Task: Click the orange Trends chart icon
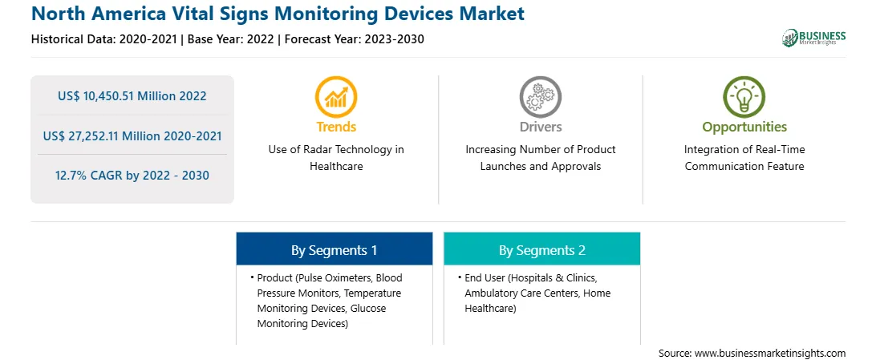point(336,96)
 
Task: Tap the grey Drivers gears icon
point(540,96)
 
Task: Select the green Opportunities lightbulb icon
point(744,96)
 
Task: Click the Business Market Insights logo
point(814,38)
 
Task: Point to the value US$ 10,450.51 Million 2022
point(132,96)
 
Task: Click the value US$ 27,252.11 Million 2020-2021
point(132,136)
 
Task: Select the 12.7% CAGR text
point(132,176)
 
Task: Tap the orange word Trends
point(336,127)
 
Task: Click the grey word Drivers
point(541,127)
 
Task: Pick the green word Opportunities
point(744,127)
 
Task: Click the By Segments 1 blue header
point(334,249)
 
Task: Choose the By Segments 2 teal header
point(542,249)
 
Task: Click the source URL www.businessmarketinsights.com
point(770,354)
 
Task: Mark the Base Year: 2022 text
point(231,39)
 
